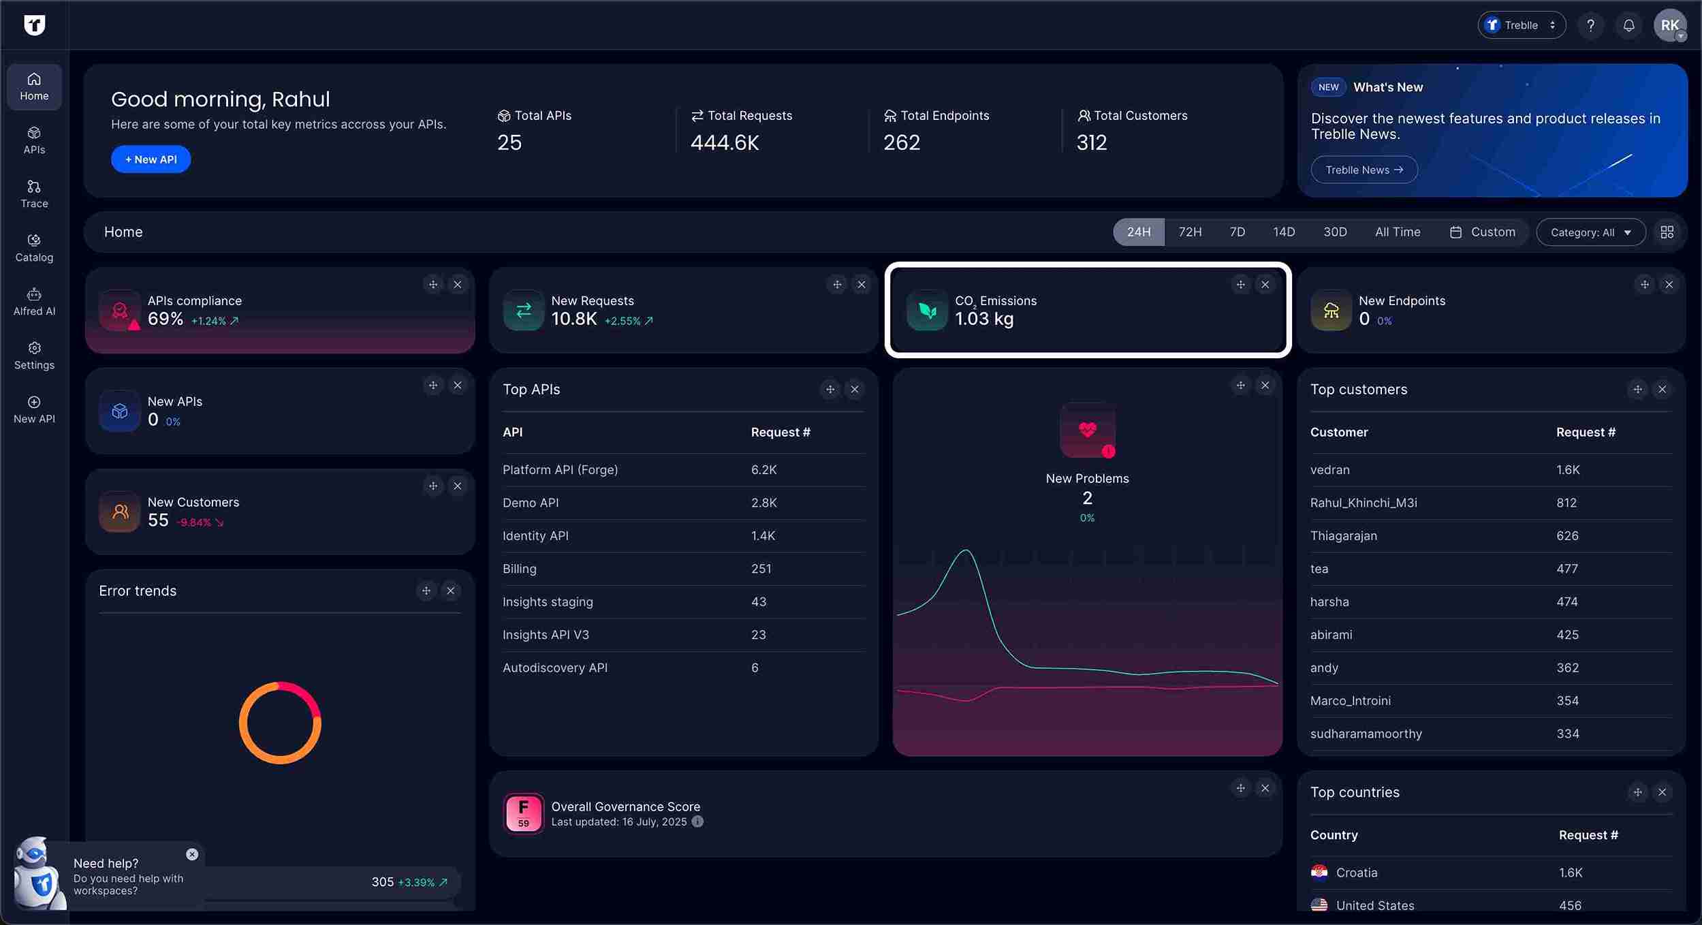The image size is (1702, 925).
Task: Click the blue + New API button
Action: (151, 159)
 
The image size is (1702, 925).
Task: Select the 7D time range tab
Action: (1237, 232)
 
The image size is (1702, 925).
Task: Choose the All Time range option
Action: (1397, 232)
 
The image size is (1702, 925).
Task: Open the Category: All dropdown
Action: (1590, 232)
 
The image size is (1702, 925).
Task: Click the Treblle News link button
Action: (1364, 170)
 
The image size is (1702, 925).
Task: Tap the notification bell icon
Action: (1628, 26)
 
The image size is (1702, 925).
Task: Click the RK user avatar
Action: (1669, 26)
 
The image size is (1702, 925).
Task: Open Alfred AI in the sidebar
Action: (34, 302)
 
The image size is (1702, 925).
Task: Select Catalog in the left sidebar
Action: (34, 248)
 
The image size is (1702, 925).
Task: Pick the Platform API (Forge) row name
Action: (560, 470)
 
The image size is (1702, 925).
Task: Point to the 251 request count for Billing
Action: (761, 569)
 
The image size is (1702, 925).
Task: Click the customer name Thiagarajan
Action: (1343, 536)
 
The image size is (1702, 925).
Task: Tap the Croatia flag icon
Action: (1319, 873)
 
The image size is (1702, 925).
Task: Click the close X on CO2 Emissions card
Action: (1265, 285)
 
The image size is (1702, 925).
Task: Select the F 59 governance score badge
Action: (523, 813)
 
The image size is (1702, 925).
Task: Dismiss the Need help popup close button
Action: (192, 854)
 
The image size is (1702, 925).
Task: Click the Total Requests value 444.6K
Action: (724, 142)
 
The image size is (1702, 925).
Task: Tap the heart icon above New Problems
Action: (1087, 430)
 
